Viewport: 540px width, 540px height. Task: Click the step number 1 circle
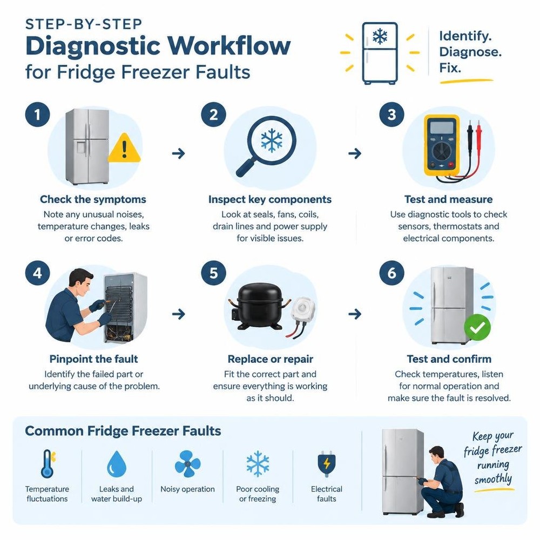pos(38,114)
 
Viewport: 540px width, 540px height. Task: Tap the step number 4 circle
pos(38,273)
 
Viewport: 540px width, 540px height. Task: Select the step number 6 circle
pos(391,273)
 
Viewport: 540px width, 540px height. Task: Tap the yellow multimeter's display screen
pos(442,127)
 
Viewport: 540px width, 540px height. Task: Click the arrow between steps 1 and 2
pos(178,153)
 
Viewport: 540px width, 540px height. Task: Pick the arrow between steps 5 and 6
pos(355,314)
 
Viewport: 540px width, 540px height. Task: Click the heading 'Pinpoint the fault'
pos(93,359)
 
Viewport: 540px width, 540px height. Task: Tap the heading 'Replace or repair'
pos(271,359)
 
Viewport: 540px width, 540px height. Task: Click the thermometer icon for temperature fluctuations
pos(48,463)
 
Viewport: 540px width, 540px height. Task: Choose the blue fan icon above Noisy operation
pos(188,463)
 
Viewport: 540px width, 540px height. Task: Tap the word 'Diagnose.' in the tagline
pos(470,52)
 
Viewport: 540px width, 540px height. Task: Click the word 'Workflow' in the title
pos(230,46)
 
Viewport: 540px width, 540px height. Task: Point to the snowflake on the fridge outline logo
pos(380,36)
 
